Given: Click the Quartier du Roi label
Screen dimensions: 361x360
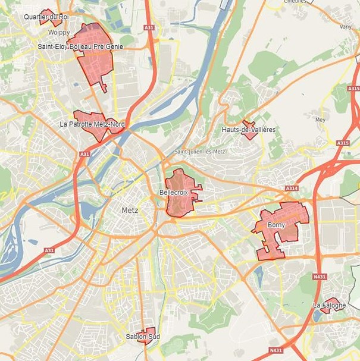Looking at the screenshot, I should coord(45,17).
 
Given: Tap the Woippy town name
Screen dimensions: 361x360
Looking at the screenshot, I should coord(59,33).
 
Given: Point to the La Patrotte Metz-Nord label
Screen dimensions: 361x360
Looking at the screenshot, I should coord(92,124).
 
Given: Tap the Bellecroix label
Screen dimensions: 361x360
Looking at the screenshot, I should coord(174,193).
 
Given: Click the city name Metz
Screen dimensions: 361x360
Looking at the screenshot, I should coord(129,211).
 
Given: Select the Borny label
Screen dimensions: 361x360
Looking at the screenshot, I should coord(276,225).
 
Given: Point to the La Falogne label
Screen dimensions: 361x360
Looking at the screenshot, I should coord(329,306).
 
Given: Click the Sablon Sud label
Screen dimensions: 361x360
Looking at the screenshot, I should coord(143,337).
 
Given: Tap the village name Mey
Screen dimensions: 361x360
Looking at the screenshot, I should coord(321,120).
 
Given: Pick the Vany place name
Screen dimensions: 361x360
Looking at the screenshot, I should coord(345,27).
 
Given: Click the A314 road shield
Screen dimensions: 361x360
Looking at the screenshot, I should coord(291,189).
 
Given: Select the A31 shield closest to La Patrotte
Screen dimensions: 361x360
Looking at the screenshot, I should coord(84,154).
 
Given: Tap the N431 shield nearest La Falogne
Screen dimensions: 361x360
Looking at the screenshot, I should coord(320,277).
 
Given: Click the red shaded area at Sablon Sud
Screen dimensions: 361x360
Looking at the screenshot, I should coord(148,332).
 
